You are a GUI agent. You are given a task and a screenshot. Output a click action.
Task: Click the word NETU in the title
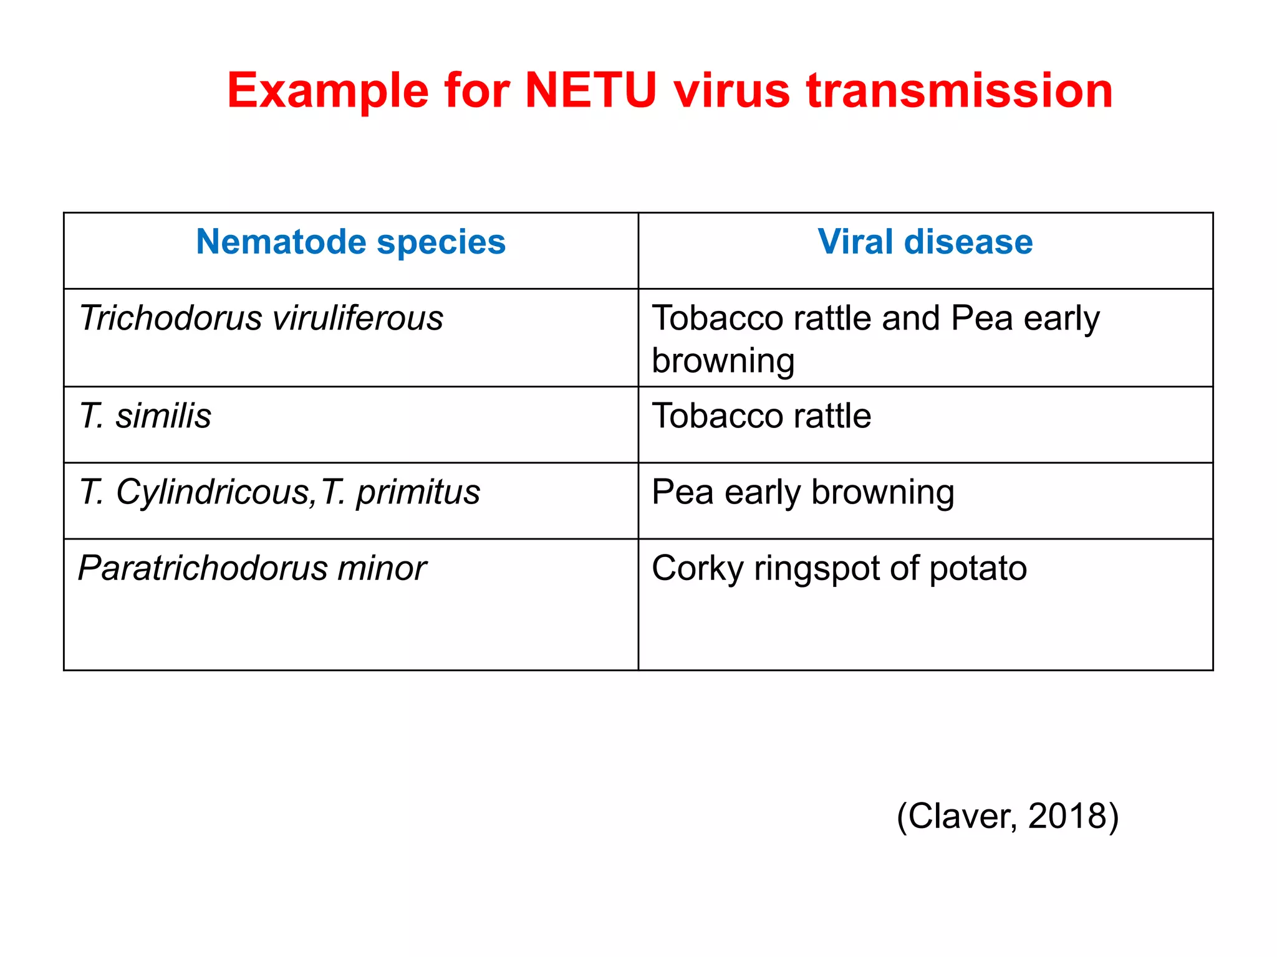coord(590,91)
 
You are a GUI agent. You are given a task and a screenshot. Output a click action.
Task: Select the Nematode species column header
coord(350,242)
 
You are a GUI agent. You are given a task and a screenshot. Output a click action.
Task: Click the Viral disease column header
coord(925,242)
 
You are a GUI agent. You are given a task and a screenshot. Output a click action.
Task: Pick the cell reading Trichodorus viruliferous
coord(261,318)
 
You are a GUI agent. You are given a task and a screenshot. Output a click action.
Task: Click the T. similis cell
coord(145,416)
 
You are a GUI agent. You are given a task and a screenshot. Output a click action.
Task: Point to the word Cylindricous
coord(212,493)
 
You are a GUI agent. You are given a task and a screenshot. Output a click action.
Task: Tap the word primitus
coord(418,493)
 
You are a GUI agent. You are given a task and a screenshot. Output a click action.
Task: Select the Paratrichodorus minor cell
coord(252,568)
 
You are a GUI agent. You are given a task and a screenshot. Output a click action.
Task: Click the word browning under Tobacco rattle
coord(723,361)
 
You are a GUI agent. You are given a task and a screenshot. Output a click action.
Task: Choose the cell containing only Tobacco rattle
coord(761,416)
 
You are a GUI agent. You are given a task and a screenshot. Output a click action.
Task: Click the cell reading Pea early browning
coord(802,493)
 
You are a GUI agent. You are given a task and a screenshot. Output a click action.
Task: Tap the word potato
coord(978,568)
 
